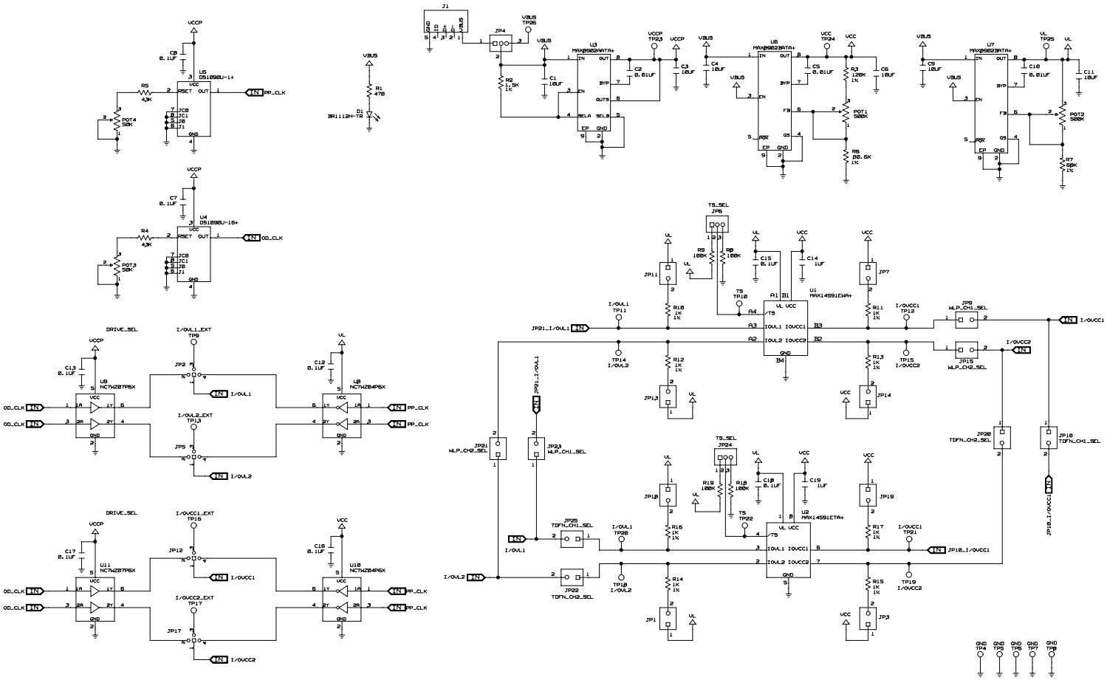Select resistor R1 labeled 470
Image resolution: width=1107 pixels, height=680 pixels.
pyautogui.click(x=370, y=91)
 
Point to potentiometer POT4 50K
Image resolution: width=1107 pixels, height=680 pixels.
pyautogui.click(x=117, y=125)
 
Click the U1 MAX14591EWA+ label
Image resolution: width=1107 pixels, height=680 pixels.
pyautogui.click(x=830, y=293)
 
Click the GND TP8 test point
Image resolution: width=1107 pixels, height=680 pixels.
pyautogui.click(x=1052, y=654)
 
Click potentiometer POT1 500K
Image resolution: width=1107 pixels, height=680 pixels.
pyautogui.click(x=846, y=114)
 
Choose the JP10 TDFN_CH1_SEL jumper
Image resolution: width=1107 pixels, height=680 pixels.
pyautogui.click(x=1046, y=438)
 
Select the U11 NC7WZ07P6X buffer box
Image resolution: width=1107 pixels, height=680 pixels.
pyautogui.click(x=95, y=599)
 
